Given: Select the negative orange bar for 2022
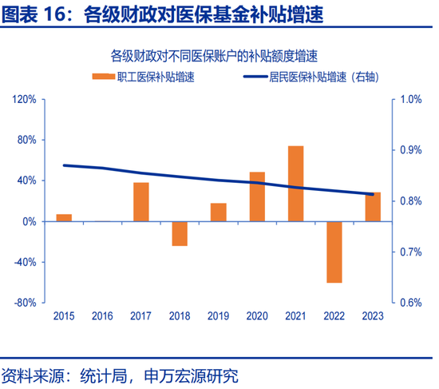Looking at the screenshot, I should [x=334, y=252].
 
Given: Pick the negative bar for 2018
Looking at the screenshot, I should [x=180, y=233].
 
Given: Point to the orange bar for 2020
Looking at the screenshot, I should [x=257, y=196].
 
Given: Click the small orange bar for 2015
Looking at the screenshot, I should [x=64, y=218].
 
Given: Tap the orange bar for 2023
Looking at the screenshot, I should [x=373, y=207].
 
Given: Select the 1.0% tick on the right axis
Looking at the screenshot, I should [x=409, y=99].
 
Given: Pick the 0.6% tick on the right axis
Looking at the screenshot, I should [x=409, y=303].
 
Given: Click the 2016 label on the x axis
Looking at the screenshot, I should [x=102, y=316].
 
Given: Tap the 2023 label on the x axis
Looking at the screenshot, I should [x=372, y=316].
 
